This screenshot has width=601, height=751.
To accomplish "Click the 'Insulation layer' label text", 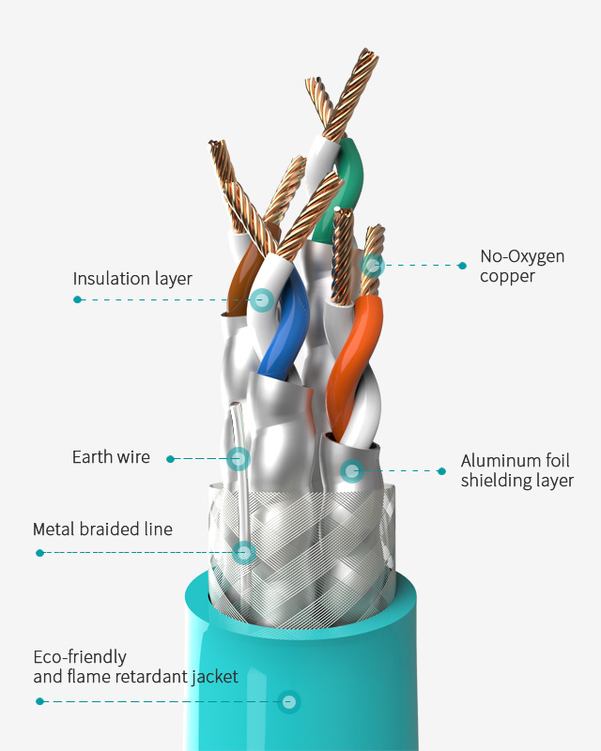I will pyautogui.click(x=132, y=279).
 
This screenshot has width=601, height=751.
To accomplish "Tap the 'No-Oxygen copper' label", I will pyautogui.click(x=522, y=266).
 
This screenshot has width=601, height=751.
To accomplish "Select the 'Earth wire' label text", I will pyautogui.click(x=111, y=457).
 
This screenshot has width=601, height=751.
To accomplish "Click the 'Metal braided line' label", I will pyautogui.click(x=102, y=529).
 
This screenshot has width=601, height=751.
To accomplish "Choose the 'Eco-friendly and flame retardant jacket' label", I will pyautogui.click(x=135, y=667).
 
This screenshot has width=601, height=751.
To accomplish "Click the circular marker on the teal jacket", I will pyautogui.click(x=289, y=701).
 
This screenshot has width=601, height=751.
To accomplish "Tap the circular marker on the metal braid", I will pyautogui.click(x=244, y=552).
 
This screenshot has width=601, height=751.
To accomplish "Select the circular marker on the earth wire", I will pyautogui.click(x=239, y=459).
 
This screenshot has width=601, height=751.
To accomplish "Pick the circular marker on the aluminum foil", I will pyautogui.click(x=351, y=470).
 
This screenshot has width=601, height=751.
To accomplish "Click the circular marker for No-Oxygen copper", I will pyautogui.click(x=373, y=265).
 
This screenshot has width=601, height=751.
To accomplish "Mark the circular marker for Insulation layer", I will pyautogui.click(x=262, y=300).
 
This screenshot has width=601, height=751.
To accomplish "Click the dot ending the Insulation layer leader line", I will pyautogui.click(x=77, y=299).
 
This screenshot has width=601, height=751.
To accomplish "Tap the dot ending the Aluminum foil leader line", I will pyautogui.click(x=441, y=470).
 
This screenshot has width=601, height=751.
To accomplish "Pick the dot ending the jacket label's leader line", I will pyautogui.click(x=39, y=701).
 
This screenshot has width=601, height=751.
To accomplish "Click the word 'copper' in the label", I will pyautogui.click(x=507, y=276).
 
